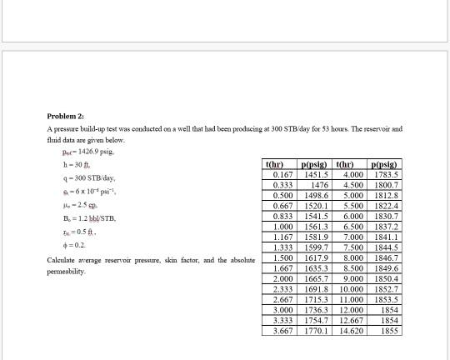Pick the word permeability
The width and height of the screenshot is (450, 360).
tap(64, 272)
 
